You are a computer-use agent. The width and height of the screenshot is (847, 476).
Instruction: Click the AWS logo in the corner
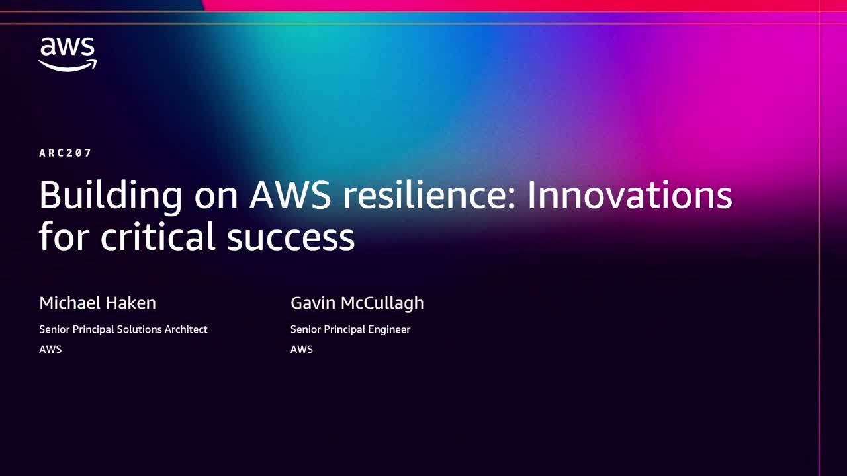pos(67,54)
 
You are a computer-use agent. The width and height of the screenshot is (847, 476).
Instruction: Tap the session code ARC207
pos(66,153)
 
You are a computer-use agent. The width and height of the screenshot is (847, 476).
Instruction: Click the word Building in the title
pos(111,196)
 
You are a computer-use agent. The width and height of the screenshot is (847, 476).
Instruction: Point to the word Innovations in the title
pos(629,196)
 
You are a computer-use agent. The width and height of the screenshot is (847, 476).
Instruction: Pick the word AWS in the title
pos(290,196)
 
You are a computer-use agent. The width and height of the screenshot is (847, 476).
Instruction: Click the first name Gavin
pos(312,303)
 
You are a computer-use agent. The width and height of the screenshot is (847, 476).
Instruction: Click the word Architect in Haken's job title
pos(185,329)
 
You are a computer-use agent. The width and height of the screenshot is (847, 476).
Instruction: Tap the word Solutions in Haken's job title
pos(136,329)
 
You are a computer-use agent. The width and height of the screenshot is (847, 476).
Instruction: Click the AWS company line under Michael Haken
pos(50,349)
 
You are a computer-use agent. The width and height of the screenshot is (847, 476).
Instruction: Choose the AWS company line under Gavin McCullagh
pos(302,349)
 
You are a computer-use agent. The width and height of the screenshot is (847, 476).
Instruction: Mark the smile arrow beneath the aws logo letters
pos(67,65)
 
